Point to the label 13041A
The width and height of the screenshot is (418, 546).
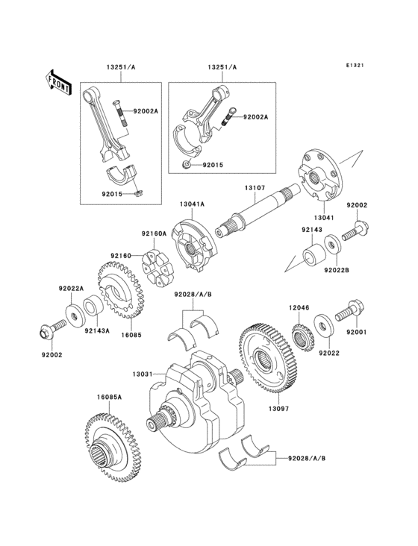[192, 203]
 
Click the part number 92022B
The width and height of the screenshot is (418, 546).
[336, 270]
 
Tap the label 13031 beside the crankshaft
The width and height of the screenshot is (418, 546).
[143, 373]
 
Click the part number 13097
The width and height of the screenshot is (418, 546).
[278, 409]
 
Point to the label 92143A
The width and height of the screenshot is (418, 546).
[96, 330]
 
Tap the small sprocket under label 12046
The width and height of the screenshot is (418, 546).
[301, 338]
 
